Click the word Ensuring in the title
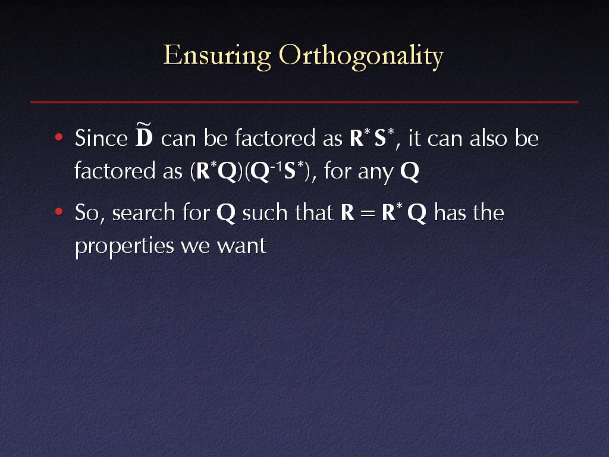click(x=217, y=56)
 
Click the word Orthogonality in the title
click(x=362, y=56)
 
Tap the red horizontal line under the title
click(x=304, y=102)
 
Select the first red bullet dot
click(x=59, y=137)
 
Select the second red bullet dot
click(x=59, y=212)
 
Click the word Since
click(x=101, y=137)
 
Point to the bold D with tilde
click(x=144, y=134)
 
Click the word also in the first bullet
click(x=488, y=137)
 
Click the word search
click(x=144, y=212)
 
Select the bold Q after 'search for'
click(x=225, y=213)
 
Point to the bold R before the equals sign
click(x=347, y=212)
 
